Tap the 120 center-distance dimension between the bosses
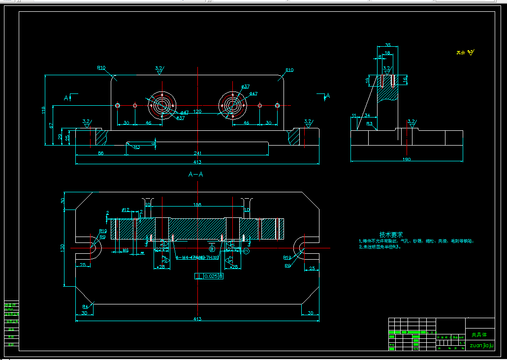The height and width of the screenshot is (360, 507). pyautogui.click(x=197, y=112)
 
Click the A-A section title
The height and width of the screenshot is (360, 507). pyautogui.click(x=196, y=174)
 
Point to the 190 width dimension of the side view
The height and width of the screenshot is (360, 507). pyautogui.click(x=407, y=159)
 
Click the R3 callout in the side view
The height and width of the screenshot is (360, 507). pyautogui.click(x=369, y=124)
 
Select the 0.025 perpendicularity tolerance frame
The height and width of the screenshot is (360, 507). pyautogui.click(x=210, y=276)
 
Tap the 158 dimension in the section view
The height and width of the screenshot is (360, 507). pyautogui.click(x=197, y=205)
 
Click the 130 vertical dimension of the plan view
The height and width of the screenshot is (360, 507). pyautogui.click(x=63, y=248)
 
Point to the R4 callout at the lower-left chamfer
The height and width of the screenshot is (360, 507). pyautogui.click(x=85, y=307)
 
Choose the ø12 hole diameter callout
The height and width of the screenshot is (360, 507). pyautogui.click(x=125, y=210)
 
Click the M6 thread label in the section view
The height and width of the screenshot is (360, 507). pyautogui.click(x=126, y=251)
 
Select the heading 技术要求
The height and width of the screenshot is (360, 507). pyautogui.click(x=391, y=235)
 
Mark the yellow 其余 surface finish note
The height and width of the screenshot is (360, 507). pyautogui.click(x=460, y=53)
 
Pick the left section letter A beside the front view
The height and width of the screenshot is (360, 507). pyautogui.click(x=66, y=98)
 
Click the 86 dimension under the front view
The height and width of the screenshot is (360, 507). pyautogui.click(x=100, y=153)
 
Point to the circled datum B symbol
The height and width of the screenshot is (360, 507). pyautogui.click(x=212, y=250)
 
